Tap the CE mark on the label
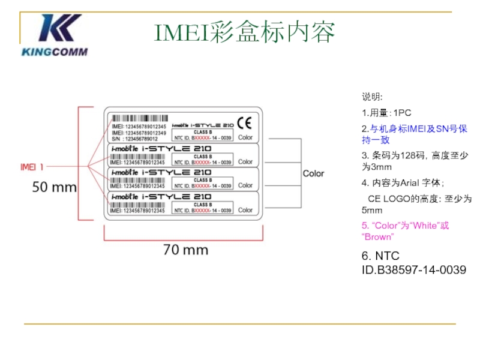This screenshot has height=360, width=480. (x=245, y=123)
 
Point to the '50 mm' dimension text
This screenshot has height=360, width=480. (x=54, y=187)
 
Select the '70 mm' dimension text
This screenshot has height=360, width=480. (x=185, y=250)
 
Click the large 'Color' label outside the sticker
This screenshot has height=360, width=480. (x=313, y=173)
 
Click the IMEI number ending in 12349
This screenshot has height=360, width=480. (x=139, y=133)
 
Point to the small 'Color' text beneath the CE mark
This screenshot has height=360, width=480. (x=245, y=137)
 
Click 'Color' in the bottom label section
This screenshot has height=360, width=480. (x=245, y=210)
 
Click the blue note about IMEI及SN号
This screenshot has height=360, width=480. (x=414, y=134)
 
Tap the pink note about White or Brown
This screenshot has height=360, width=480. (x=405, y=231)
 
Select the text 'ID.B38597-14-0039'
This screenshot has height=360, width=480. (x=414, y=270)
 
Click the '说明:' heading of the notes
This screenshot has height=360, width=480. (x=372, y=97)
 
